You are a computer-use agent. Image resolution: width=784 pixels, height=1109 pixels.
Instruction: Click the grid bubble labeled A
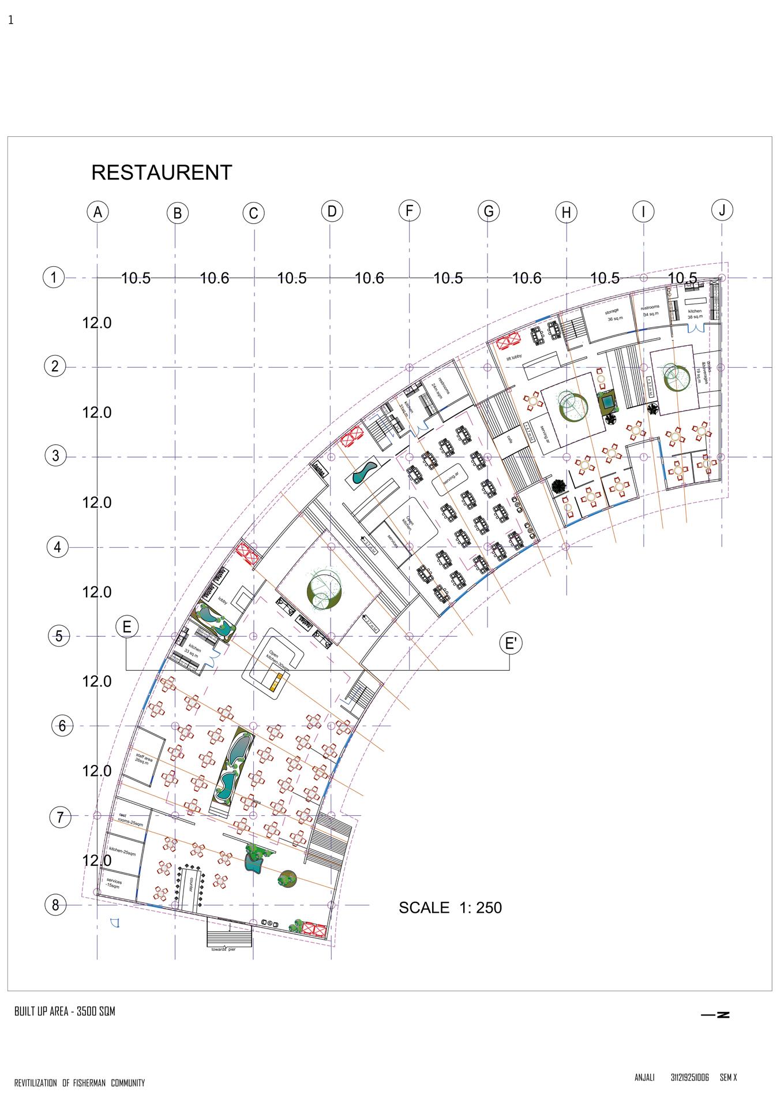click(x=98, y=212)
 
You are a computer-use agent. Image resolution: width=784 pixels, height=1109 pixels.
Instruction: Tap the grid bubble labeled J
click(x=722, y=210)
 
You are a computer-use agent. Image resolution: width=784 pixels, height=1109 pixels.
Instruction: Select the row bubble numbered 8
click(x=56, y=905)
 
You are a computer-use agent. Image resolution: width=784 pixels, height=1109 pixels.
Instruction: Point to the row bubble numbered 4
click(x=57, y=547)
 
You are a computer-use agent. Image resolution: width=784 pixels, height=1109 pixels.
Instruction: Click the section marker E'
click(x=511, y=643)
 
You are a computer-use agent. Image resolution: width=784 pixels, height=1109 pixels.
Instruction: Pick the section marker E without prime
click(x=127, y=627)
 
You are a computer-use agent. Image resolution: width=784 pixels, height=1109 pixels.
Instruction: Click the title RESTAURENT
click(x=162, y=173)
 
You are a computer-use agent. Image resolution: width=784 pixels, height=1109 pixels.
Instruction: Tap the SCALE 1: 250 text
click(x=450, y=908)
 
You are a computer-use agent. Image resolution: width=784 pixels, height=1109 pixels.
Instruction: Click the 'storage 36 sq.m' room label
click(x=612, y=315)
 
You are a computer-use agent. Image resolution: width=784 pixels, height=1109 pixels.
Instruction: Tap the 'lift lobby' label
click(x=514, y=358)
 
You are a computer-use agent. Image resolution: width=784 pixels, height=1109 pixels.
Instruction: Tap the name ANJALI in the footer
click(x=644, y=1077)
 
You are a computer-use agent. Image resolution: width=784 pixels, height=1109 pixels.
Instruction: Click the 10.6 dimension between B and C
click(x=215, y=279)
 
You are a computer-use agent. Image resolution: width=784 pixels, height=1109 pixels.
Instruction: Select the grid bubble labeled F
click(x=409, y=210)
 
